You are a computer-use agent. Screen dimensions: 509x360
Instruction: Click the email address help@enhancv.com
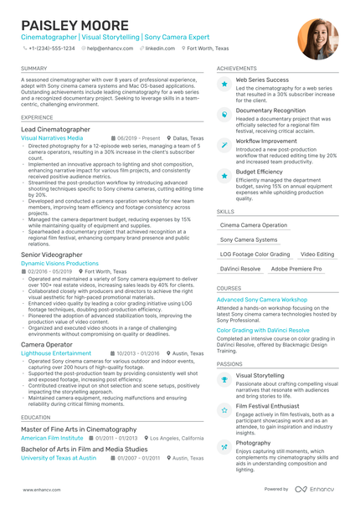[x=105, y=49]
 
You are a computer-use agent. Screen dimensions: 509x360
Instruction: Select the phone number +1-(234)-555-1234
[x=52, y=49]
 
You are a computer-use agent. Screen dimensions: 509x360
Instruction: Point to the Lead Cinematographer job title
[x=55, y=130]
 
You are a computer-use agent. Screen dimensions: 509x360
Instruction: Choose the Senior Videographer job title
[x=51, y=253]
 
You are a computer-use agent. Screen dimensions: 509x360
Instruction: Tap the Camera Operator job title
[x=47, y=344]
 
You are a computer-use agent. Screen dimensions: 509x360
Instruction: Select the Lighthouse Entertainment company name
[x=57, y=353]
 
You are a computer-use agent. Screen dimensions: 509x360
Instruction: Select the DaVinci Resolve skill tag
[x=239, y=269]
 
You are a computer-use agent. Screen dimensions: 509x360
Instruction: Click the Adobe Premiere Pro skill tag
[x=296, y=269]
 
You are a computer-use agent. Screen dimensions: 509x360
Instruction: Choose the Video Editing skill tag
[x=316, y=254]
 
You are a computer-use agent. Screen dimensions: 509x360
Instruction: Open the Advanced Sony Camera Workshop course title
[x=261, y=299]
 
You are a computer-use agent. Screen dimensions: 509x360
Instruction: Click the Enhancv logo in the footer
[x=315, y=489]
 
